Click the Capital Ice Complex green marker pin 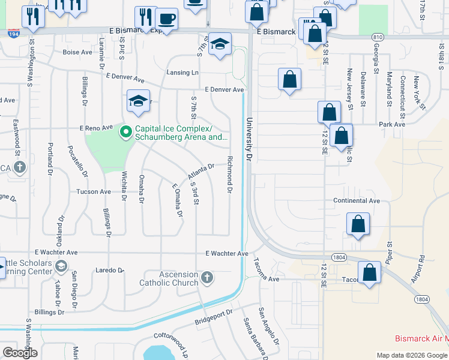[126, 131]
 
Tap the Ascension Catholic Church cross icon [207, 277]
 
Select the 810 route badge [377, 37]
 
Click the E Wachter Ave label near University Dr [226, 254]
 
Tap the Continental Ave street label [357, 200]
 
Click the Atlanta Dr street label [201, 172]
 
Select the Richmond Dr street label [230, 174]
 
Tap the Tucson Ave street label [93, 192]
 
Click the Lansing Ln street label [186, 73]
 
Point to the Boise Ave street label [77, 52]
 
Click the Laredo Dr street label [109, 271]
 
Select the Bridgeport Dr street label [214, 319]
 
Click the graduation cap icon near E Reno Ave [138, 101]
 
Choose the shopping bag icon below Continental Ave [358, 224]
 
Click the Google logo [20, 353]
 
